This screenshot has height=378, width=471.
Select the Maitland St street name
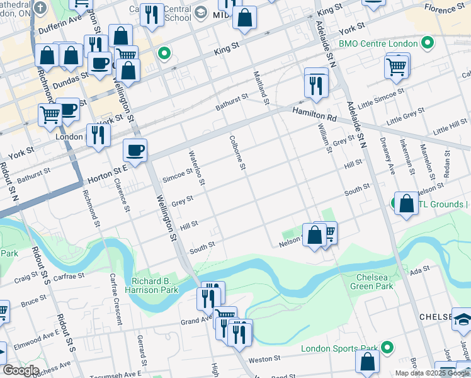click(x=262, y=88)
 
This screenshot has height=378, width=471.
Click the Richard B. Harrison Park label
click(x=155, y=285)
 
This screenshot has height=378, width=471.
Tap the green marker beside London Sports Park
click(x=387, y=347)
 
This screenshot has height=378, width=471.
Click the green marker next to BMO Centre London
click(x=428, y=43)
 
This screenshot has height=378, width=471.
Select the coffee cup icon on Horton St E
click(x=135, y=151)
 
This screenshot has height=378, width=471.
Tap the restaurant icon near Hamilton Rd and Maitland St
click(x=316, y=85)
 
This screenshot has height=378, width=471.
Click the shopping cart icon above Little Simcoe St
click(x=397, y=66)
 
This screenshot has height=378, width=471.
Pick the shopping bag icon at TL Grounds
click(x=407, y=203)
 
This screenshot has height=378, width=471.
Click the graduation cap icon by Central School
click(x=201, y=12)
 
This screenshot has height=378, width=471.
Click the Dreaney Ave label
click(x=386, y=156)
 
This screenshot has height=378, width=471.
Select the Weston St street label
click(x=265, y=358)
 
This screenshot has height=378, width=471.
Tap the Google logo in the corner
click(x=20, y=370)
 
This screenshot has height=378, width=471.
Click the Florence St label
click(x=444, y=9)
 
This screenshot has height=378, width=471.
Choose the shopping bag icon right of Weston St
click(x=367, y=362)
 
